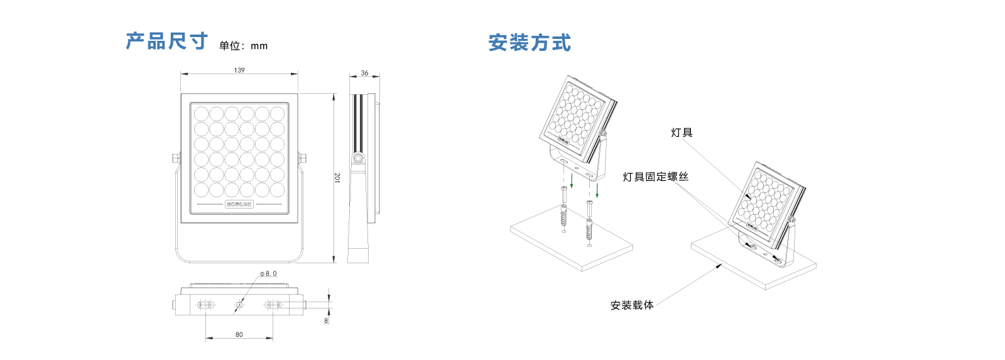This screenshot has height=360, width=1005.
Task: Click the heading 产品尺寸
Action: tap(166, 41)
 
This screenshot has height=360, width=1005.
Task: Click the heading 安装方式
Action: tap(530, 43)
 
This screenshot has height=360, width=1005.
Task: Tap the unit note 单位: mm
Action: tap(243, 46)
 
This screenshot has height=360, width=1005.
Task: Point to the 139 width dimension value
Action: tap(239, 70)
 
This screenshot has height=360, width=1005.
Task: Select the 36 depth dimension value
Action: tap(364, 74)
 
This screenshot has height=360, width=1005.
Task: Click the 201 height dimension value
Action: tap(337, 178)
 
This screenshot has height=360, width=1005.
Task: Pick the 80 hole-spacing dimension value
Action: tap(239, 335)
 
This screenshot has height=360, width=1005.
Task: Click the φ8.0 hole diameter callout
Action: tap(268, 274)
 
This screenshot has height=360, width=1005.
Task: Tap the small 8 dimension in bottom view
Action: tap(326, 320)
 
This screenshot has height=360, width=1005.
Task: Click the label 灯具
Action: tap(682, 133)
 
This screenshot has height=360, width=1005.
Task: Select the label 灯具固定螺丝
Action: tap(655, 177)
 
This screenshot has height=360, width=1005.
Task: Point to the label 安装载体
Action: tap(632, 305)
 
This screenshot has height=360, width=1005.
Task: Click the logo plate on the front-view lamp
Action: tap(239, 204)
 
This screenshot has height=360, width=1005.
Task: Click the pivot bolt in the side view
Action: tap(358, 158)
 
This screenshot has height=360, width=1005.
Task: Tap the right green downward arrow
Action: tap(597, 190)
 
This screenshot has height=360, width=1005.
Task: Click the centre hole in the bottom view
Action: tap(239, 305)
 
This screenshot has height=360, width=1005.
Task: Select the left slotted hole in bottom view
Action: tap(205, 305)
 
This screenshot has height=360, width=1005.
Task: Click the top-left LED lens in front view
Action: tap(201, 114)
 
